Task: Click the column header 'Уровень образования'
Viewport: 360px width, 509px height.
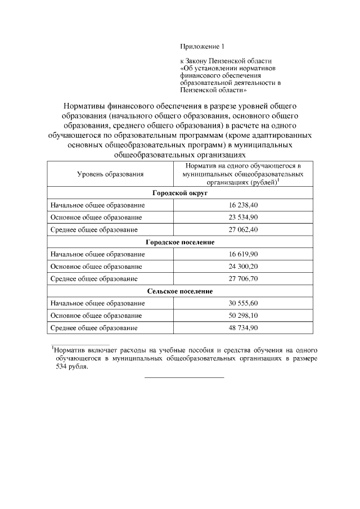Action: coord(110,175)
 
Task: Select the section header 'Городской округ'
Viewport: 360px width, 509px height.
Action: coord(180,193)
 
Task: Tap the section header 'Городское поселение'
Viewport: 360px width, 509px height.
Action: coord(180,242)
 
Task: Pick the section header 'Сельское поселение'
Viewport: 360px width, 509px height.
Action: coord(180,291)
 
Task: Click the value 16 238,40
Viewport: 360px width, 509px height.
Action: coord(243,205)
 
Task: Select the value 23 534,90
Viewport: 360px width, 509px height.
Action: coord(243,217)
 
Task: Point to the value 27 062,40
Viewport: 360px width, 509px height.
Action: coord(243,229)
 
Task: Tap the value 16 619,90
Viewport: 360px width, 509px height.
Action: coord(243,254)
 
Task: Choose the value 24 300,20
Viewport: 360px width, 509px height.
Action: coord(243,266)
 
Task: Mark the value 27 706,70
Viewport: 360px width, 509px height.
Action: coord(243,278)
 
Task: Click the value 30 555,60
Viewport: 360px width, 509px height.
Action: coord(243,303)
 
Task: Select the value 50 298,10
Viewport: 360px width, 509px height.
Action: coord(243,315)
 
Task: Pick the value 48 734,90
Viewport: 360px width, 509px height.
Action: coord(243,327)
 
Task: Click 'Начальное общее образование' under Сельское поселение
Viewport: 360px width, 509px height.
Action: coord(94,303)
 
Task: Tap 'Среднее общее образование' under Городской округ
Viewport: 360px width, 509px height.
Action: coord(94,229)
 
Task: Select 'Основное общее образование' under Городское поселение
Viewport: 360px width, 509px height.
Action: coord(96,266)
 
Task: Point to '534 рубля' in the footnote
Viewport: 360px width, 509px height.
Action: coord(71,366)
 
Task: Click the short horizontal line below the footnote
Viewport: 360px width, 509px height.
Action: coord(184,377)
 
